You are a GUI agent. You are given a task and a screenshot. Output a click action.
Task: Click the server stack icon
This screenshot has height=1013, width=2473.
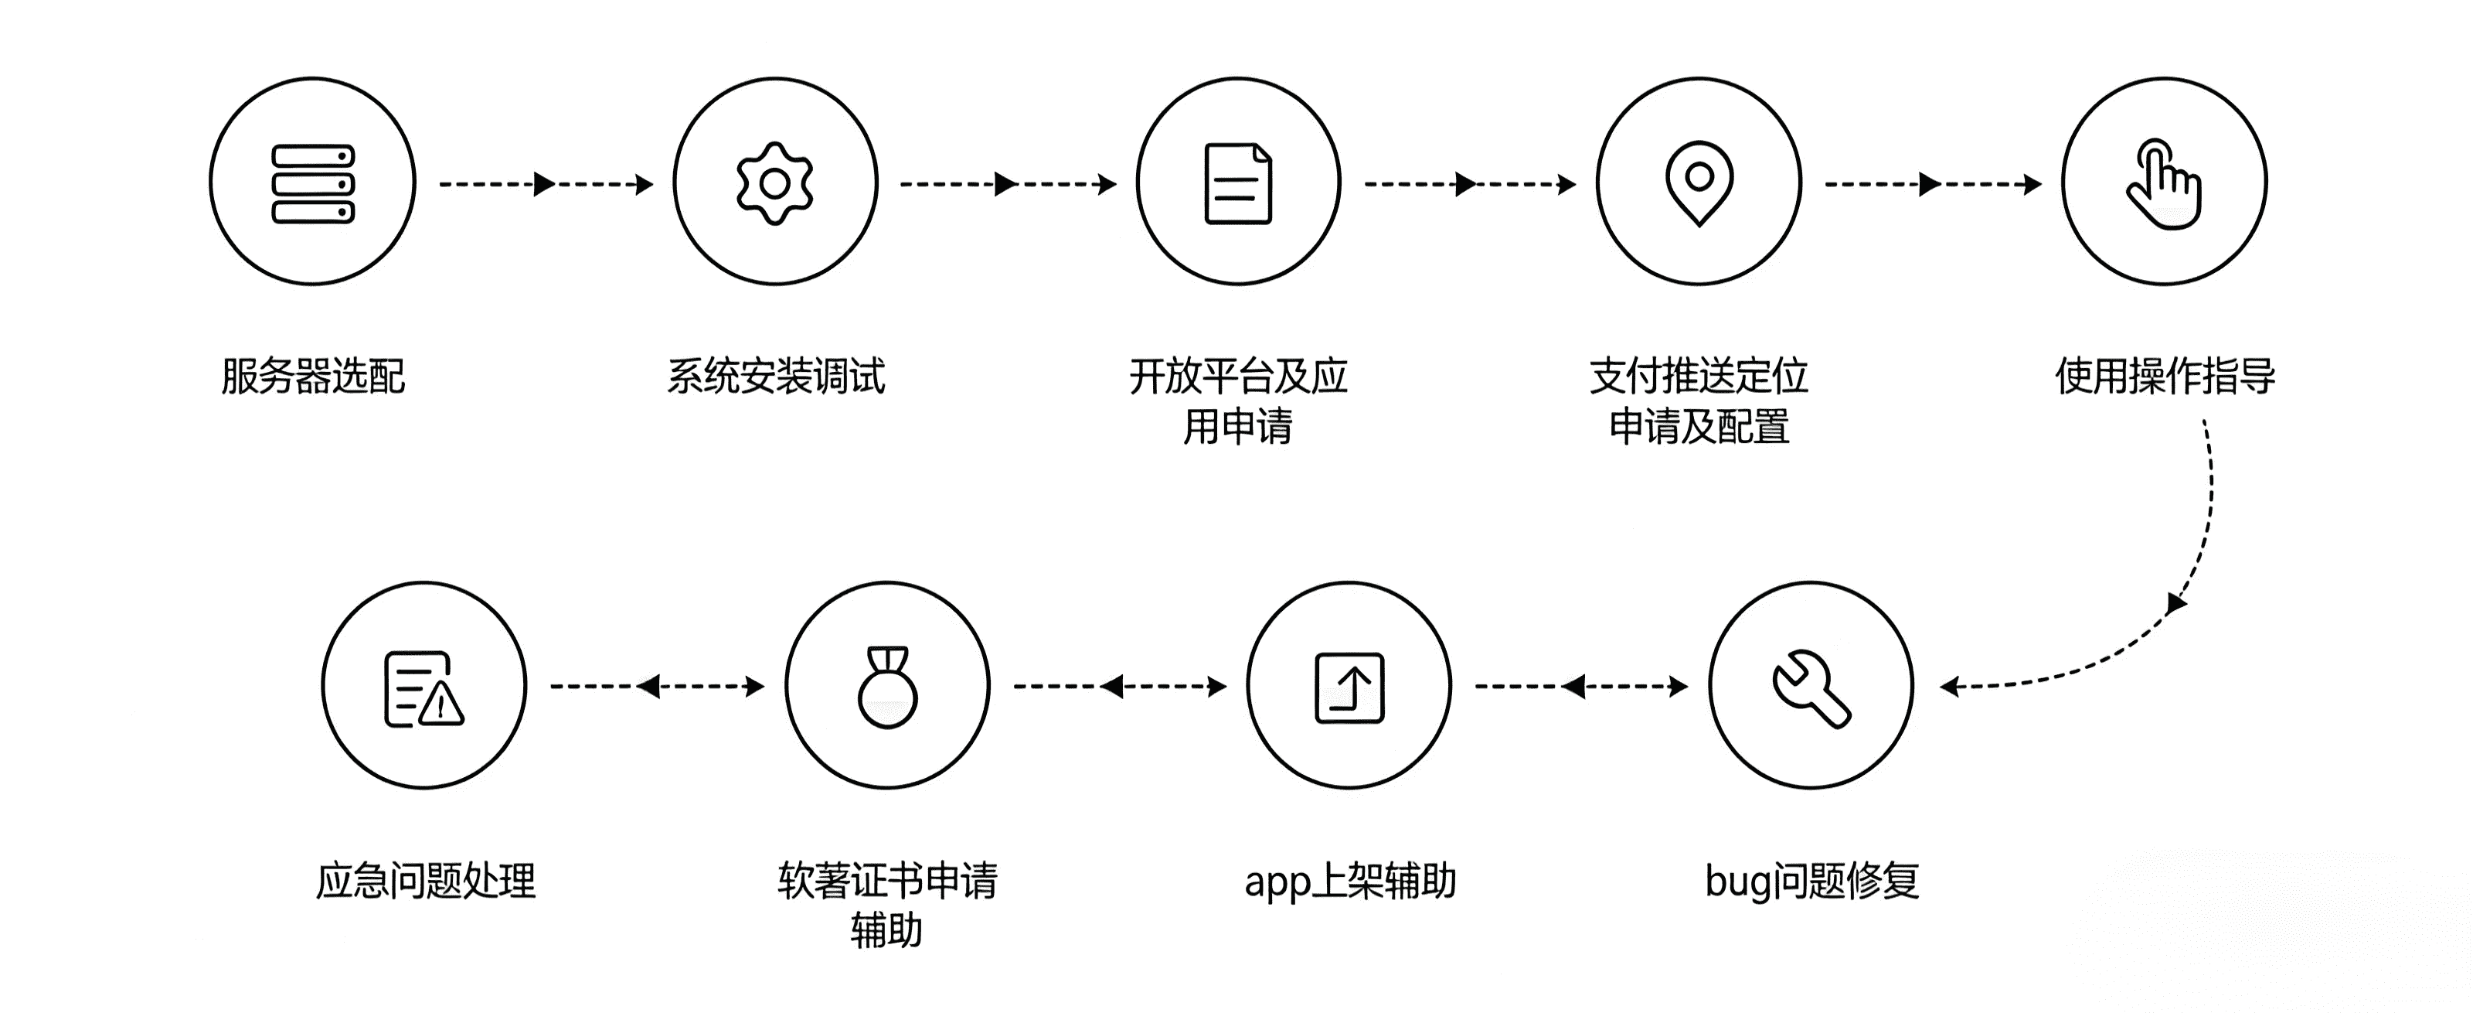click(313, 182)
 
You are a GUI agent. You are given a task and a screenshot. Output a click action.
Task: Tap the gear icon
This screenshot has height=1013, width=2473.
click(774, 182)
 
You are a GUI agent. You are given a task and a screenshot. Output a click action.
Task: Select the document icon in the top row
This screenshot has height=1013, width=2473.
click(1238, 182)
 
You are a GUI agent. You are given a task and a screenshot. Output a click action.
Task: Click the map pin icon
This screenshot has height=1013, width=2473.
click(1699, 182)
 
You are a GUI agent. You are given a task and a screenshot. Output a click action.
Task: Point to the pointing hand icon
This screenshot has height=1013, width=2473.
click(2164, 184)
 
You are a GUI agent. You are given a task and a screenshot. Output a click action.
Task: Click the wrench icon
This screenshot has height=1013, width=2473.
click(1811, 687)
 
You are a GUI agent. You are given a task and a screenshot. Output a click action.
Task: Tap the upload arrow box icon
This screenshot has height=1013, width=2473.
click(1349, 687)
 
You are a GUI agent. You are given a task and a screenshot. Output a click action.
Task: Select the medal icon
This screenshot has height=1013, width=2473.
click(887, 687)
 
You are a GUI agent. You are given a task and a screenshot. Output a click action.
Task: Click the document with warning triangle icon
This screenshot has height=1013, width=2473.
click(424, 688)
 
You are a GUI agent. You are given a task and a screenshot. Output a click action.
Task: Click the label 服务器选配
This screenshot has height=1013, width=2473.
click(313, 376)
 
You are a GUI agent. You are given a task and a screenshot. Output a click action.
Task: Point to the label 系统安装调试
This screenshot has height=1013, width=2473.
click(776, 376)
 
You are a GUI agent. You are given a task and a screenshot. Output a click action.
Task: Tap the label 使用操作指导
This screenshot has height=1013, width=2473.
click(2165, 376)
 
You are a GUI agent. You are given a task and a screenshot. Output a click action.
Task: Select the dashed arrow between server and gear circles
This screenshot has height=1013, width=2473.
click(546, 183)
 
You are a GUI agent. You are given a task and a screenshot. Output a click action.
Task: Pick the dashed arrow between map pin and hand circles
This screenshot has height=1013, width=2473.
click(1931, 183)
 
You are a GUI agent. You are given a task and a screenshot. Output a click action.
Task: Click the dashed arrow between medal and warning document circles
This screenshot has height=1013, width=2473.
click(657, 687)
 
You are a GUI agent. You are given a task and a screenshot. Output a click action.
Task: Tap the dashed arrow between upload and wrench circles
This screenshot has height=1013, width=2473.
click(1580, 687)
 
